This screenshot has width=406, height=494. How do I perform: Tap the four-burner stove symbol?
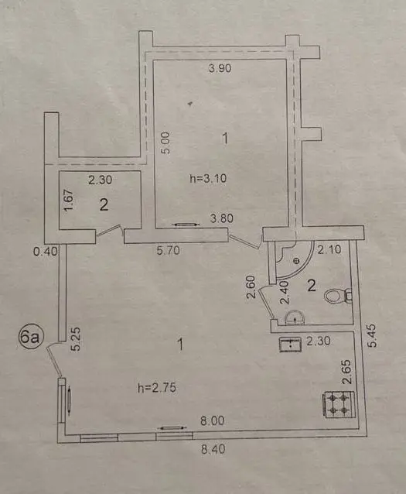(339, 404)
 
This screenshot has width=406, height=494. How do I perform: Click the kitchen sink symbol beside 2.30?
(291, 344)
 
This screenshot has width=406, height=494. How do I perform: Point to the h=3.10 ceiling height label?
(208, 179)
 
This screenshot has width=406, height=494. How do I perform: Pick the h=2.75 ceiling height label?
(157, 388)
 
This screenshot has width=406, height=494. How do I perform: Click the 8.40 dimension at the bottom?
(213, 448)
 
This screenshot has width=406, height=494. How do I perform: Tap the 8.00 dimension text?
(213, 420)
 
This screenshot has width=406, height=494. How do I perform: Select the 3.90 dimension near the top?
(220, 68)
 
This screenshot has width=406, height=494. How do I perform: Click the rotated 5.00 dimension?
(165, 142)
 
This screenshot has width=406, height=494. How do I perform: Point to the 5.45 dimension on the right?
(372, 335)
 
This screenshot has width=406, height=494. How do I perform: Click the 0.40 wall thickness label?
(46, 251)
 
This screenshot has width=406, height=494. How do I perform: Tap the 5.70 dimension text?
(169, 250)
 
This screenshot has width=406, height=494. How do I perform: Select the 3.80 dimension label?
(222, 218)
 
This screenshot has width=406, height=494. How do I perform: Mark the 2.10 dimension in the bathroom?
(329, 249)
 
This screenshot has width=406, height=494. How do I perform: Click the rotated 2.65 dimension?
(347, 372)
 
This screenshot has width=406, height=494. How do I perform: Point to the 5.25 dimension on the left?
(76, 339)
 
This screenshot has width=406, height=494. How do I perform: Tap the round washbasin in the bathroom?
(295, 317)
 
